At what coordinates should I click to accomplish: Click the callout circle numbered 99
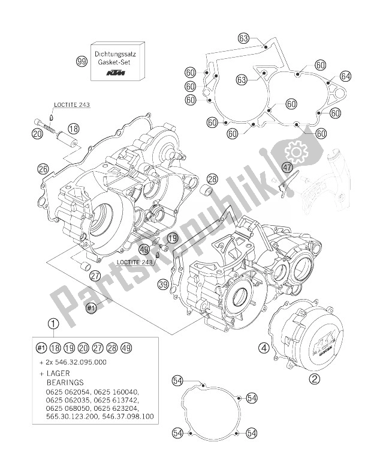tap(82, 61)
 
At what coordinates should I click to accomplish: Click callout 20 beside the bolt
tap(37, 135)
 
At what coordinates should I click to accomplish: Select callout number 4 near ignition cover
tap(263, 346)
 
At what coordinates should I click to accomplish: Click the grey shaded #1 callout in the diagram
tap(91, 309)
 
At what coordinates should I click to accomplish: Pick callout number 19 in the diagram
tap(172, 239)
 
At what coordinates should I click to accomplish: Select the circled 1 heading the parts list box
tap(53, 325)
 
